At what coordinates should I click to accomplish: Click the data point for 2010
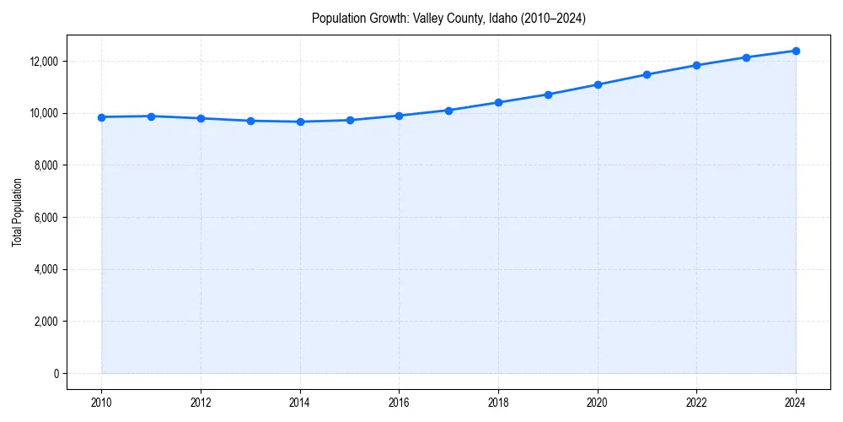[101, 117]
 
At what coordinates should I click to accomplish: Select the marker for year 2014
[300, 122]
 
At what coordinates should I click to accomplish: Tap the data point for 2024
[796, 51]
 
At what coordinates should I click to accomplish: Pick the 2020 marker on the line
[598, 84]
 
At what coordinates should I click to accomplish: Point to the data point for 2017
[448, 111]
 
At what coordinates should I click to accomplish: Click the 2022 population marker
[696, 65]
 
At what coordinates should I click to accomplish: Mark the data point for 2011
[151, 116]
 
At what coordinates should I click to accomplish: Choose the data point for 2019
[548, 95]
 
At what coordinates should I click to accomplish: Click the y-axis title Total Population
[17, 212]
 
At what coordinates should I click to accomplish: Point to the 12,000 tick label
[42, 62]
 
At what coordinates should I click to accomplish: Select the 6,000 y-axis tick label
[45, 218]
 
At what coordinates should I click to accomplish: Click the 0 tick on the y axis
[56, 374]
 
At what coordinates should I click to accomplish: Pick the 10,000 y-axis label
[42, 113]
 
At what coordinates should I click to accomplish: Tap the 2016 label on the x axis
[399, 403]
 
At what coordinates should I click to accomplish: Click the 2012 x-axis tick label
[201, 403]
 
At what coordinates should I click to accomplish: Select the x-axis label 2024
[796, 403]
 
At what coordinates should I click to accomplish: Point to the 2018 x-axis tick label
[498, 403]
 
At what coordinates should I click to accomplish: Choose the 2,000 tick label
[45, 322]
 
